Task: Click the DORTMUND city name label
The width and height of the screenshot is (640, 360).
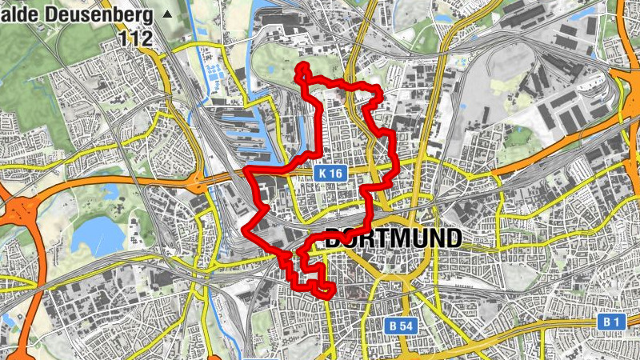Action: pos(393,238)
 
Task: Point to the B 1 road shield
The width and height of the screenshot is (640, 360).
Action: pos(612,322)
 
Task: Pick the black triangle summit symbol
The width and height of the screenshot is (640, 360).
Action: pos(166,14)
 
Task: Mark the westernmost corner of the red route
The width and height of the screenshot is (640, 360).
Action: pos(244,232)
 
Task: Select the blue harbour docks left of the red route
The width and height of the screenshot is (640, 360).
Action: pos(248,124)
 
